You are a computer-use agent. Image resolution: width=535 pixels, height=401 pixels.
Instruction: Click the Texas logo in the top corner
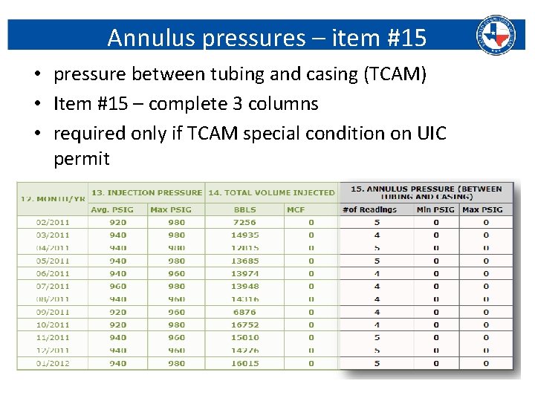tap(496, 34)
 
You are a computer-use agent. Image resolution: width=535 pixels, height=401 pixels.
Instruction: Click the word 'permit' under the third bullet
tap(82, 158)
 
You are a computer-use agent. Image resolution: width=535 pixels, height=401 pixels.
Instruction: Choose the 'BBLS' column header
tap(244, 209)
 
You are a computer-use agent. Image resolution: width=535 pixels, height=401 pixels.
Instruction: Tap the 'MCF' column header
tap(296, 209)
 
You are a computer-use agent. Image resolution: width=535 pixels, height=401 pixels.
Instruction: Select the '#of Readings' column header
tap(369, 209)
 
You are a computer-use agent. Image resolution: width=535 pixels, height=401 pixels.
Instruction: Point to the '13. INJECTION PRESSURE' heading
tap(146, 193)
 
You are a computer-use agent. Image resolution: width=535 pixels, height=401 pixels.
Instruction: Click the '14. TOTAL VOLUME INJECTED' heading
tap(271, 193)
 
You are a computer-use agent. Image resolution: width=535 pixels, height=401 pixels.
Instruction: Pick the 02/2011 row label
tap(53, 222)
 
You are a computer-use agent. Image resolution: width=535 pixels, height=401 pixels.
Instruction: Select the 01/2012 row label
tap(53, 363)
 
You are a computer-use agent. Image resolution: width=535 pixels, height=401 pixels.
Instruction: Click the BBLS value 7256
tap(244, 222)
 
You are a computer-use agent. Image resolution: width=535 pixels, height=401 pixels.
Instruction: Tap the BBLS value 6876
tap(244, 312)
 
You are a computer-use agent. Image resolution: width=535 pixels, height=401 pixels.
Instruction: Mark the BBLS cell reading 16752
tap(244, 325)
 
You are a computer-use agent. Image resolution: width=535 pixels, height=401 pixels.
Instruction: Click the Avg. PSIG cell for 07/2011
tap(117, 286)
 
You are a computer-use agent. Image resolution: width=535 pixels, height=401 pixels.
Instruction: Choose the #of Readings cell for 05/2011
tap(377, 261)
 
